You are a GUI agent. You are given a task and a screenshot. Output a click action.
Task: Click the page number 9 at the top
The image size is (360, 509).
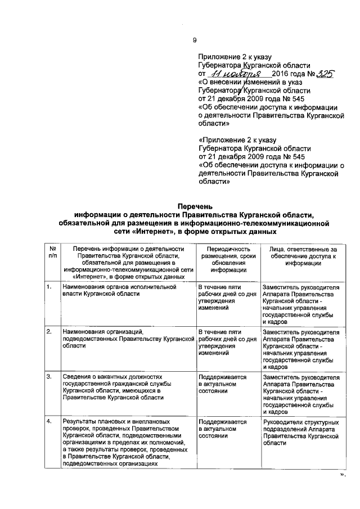point(195,40)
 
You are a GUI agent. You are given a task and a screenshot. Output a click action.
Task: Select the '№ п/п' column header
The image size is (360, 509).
point(52,253)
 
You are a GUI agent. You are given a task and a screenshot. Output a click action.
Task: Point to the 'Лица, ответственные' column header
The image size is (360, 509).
point(302,256)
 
